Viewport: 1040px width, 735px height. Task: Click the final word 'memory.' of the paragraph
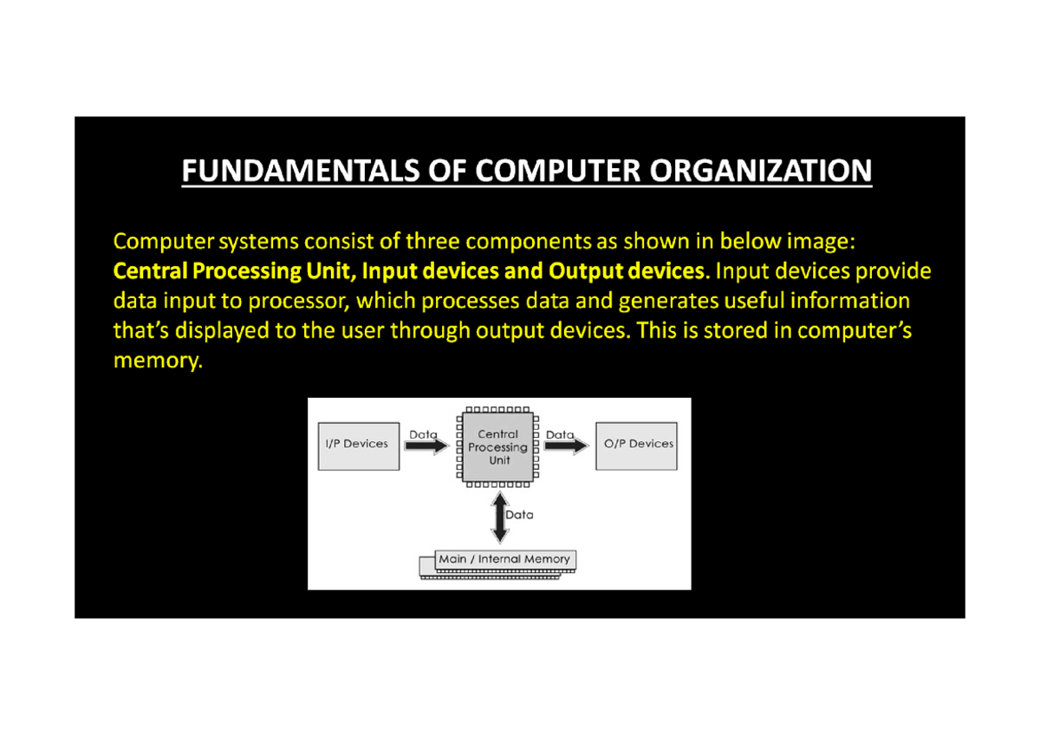157,361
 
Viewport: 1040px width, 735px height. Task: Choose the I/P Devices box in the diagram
358,446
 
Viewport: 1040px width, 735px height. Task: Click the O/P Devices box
637,446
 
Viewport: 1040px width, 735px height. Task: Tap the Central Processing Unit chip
498,446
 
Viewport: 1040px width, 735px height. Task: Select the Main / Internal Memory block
504,561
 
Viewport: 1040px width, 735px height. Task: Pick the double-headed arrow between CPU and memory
498,517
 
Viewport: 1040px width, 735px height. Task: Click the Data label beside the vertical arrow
520,515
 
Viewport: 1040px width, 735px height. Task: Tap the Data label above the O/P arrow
560,434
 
